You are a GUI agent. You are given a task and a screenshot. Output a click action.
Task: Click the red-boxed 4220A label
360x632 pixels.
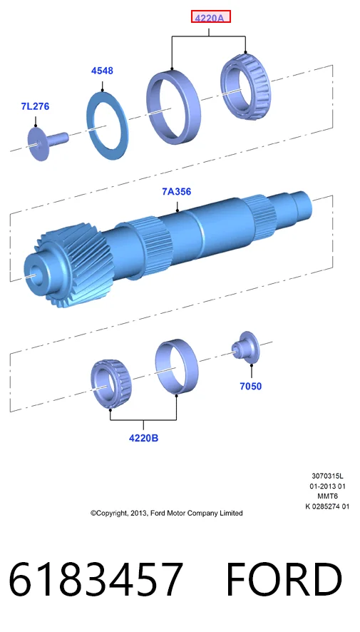210,17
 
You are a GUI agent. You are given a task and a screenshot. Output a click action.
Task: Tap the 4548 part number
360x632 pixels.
102,71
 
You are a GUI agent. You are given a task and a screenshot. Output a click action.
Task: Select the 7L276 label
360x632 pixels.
35,106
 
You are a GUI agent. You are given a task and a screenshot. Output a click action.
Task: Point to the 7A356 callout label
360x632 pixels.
176,192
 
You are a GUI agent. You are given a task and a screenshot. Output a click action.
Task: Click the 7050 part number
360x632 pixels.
250,386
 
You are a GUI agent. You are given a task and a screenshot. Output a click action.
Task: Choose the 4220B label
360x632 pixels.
143,438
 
